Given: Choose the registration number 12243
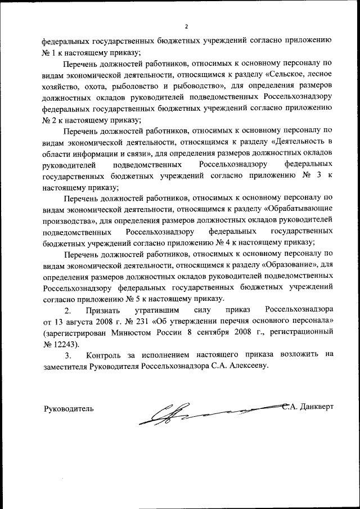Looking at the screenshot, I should click(x=67, y=343).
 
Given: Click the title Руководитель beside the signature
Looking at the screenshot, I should click(x=69, y=408).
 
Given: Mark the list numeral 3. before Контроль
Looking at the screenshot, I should click(x=68, y=355).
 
